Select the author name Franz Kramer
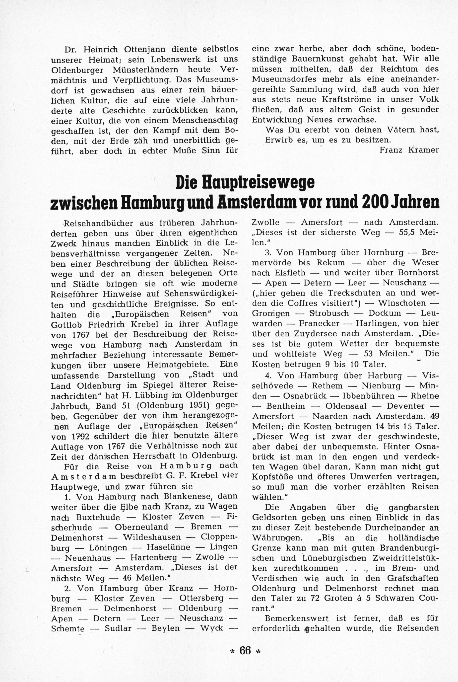[x=409, y=150]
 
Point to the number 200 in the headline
[x=377, y=202]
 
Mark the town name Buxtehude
[x=98, y=518]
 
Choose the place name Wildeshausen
[x=152, y=537]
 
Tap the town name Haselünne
[x=168, y=547]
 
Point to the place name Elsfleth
[x=290, y=273]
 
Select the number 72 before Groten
[x=316, y=599]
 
